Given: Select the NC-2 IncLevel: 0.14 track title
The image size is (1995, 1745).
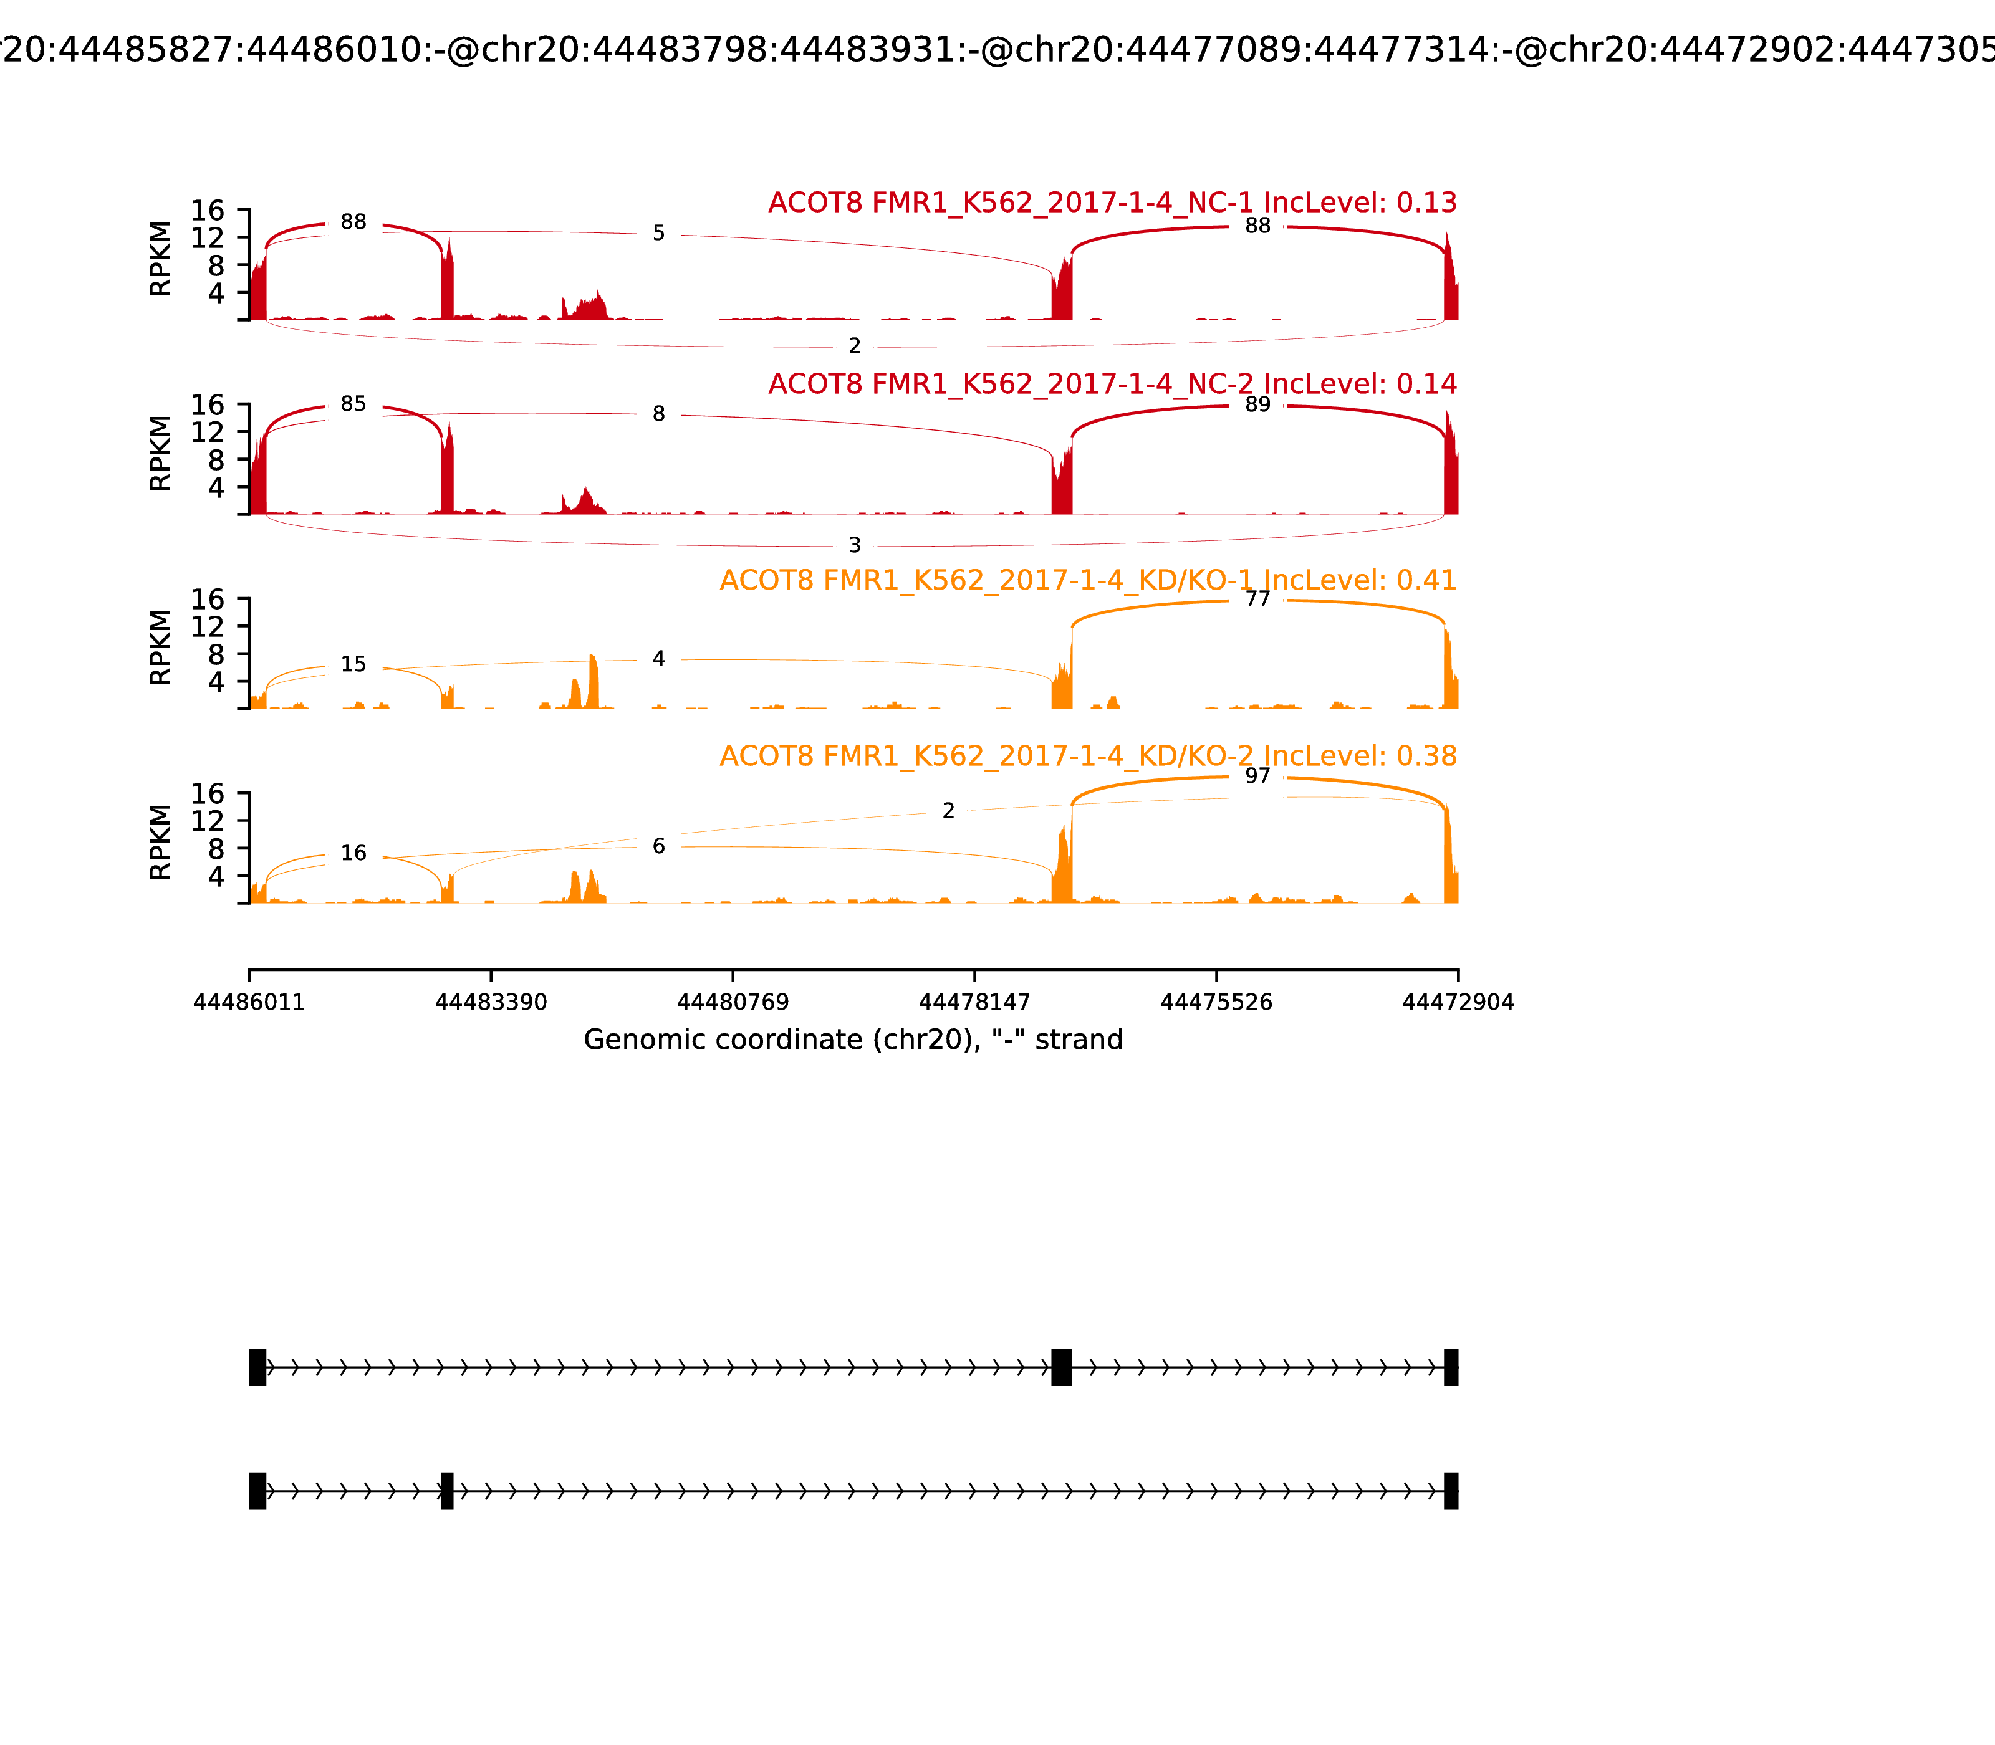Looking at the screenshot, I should (1112, 384).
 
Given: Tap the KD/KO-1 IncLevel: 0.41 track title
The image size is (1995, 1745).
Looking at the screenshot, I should (1087, 580).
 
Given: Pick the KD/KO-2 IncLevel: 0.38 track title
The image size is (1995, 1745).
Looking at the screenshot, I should (1087, 755).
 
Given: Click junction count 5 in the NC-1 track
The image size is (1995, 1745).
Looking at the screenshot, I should (658, 234).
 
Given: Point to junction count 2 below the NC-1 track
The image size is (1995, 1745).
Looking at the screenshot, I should (854, 346).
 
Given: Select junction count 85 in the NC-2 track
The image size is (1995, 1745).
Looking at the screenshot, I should (353, 404).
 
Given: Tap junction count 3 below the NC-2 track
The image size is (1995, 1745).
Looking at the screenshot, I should (854, 545).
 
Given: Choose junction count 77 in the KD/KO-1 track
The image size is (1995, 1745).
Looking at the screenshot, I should (1257, 599).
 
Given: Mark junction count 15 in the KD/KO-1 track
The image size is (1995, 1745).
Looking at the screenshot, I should (353, 664).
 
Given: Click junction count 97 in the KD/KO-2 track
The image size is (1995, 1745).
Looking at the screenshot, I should (1257, 776).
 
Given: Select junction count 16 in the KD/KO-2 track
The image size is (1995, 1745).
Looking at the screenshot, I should (353, 853).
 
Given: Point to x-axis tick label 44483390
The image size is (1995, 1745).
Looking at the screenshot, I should (491, 1002).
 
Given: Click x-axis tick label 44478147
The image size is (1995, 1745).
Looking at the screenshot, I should (974, 1002).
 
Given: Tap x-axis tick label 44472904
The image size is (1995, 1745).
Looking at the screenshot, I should (1458, 1002).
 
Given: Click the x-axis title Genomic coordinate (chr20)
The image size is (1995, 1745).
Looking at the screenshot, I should (853, 1040).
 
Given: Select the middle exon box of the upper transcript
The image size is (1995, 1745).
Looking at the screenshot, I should (1062, 1367).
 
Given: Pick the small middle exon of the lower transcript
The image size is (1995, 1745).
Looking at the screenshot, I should (447, 1491).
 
